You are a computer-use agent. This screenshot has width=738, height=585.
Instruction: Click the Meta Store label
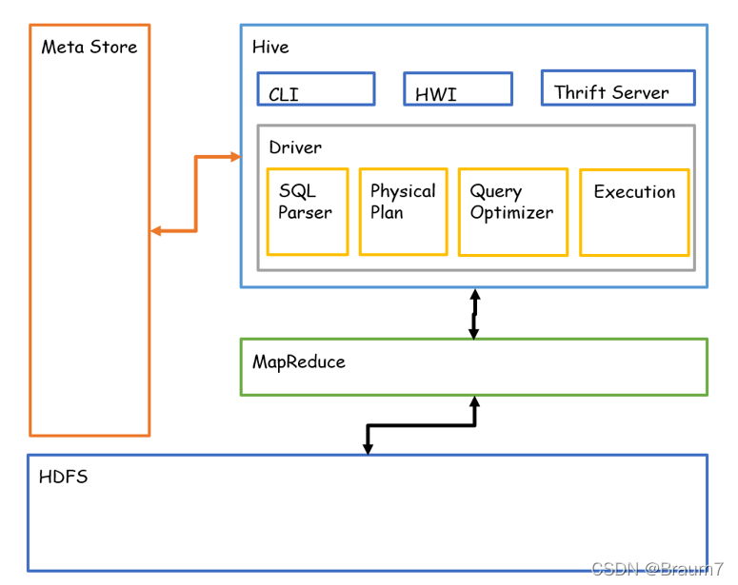(90, 47)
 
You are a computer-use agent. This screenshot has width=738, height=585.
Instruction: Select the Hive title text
(270, 47)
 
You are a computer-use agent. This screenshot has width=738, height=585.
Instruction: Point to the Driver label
(295, 147)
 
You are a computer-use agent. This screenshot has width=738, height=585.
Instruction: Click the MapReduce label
(299, 362)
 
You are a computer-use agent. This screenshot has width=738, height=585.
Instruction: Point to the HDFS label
(64, 477)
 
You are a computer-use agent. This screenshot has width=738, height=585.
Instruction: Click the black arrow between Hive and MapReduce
(474, 314)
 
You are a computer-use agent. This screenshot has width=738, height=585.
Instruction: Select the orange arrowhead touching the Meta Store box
(156, 231)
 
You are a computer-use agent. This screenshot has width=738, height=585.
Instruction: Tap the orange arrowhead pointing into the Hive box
(235, 157)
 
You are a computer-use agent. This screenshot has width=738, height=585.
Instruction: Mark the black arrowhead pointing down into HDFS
(369, 449)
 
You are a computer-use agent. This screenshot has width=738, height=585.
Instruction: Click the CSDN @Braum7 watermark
(657, 569)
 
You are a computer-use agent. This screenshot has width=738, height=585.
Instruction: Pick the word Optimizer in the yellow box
(511, 213)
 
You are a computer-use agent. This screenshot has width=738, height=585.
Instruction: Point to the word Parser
(305, 212)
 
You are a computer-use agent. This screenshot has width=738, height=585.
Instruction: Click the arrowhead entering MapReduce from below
(475, 402)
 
